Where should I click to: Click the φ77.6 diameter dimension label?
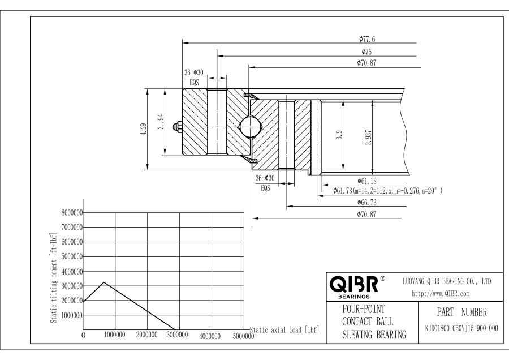click(x=367, y=39)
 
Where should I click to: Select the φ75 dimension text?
click(x=366, y=52)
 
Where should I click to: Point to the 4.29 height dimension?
click(x=144, y=129)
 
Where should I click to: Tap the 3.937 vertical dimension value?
click(x=368, y=138)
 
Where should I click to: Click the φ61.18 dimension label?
click(x=367, y=181)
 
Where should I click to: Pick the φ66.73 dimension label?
click(x=367, y=203)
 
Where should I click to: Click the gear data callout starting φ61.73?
click(x=387, y=191)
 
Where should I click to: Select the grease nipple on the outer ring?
click(x=178, y=127)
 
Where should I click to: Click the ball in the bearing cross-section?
click(x=251, y=127)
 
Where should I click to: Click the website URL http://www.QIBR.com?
click(x=441, y=294)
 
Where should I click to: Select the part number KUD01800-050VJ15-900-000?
click(x=461, y=328)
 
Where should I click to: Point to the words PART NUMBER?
click(x=461, y=312)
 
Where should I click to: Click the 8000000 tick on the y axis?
click(x=72, y=213)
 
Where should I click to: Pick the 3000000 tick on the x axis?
click(x=177, y=335)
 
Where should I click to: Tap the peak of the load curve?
click(x=104, y=282)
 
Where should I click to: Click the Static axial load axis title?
click(x=284, y=330)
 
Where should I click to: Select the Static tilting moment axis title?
click(x=54, y=277)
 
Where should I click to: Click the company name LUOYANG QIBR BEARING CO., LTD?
click(x=447, y=281)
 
